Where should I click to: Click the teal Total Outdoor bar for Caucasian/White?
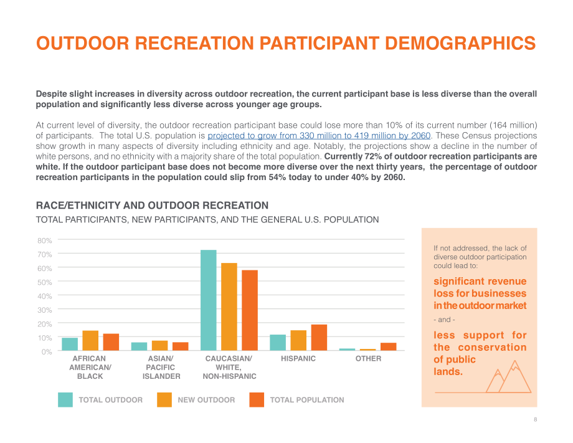click(209, 300)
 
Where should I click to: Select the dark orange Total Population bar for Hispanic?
click(319, 337)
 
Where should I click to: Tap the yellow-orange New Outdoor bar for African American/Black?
click(90, 341)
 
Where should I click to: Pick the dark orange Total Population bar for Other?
click(389, 346)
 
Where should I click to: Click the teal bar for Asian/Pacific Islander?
click(140, 346)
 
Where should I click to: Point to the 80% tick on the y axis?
click(45, 241)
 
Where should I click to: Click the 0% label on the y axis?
click(47, 351)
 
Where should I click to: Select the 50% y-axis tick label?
click(45, 282)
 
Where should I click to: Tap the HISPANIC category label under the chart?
click(298, 358)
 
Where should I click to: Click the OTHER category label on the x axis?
click(368, 358)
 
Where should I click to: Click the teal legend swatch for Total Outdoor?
click(65, 400)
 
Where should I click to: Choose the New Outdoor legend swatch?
click(164, 400)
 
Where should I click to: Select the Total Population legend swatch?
click(257, 400)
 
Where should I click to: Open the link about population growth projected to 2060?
click(319, 136)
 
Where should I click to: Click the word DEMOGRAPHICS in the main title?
click(460, 43)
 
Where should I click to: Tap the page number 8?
click(536, 419)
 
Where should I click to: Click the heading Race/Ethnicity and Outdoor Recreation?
click(152, 206)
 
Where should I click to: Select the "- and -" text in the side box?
click(444, 320)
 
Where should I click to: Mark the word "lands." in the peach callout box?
click(448, 372)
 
